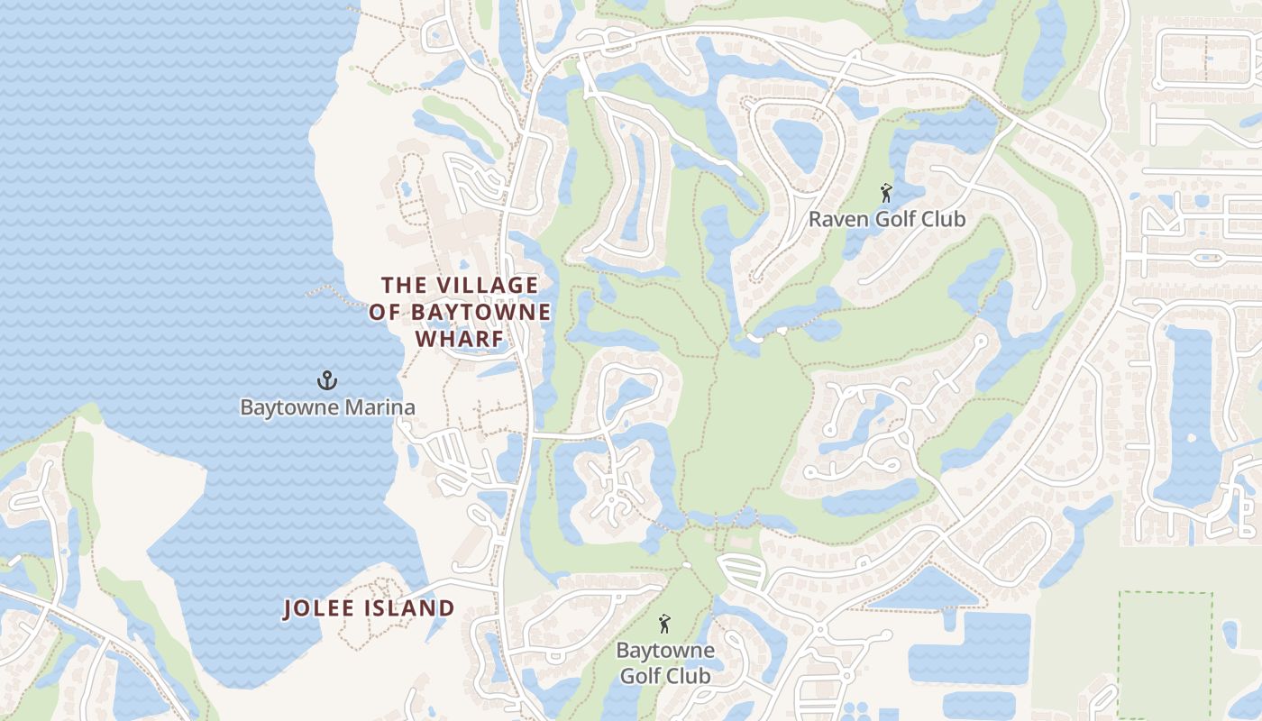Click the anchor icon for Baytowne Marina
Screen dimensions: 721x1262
tap(328, 381)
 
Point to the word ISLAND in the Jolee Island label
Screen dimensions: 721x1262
tap(410, 608)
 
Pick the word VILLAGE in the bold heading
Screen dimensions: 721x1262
tap(488, 286)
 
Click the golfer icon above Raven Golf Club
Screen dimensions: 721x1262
tap(886, 193)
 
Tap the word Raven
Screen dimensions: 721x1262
tap(837, 219)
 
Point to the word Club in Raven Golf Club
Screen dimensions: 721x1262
tap(943, 219)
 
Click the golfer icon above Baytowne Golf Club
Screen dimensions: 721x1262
tap(664, 624)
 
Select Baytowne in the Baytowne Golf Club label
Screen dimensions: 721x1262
tap(665, 650)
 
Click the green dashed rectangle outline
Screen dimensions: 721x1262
tap(1120, 649)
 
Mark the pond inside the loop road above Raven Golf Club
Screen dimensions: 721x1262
tap(798, 144)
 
